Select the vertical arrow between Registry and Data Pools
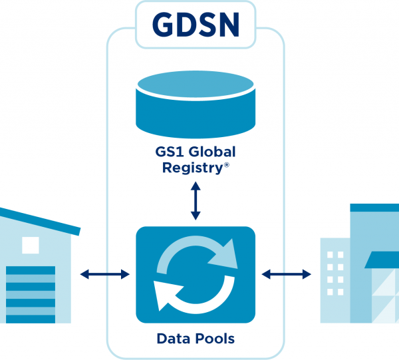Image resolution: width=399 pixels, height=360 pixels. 195,201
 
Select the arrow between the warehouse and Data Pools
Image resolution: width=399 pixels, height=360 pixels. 104,273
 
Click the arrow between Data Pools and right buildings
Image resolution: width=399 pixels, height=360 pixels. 287,273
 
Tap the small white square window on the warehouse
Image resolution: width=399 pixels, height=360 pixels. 31,245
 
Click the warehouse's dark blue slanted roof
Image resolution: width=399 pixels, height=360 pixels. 40,221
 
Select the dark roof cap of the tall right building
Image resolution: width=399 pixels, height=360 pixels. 374,208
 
